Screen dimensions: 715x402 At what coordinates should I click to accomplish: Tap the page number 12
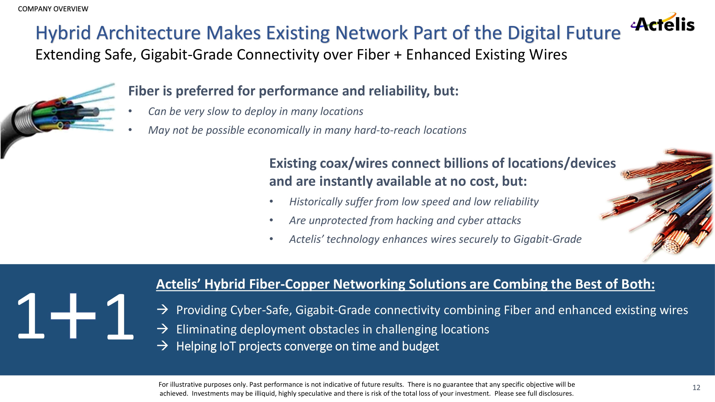[x=696, y=388]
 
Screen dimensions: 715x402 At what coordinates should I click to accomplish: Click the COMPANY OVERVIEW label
[x=53, y=9]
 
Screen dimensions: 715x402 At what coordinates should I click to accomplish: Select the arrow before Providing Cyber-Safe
[x=162, y=309]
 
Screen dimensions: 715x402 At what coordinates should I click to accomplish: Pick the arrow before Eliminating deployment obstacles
[x=162, y=329]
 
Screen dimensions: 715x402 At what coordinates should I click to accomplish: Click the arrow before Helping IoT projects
[x=162, y=346]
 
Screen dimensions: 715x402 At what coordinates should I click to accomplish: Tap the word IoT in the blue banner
[x=227, y=346]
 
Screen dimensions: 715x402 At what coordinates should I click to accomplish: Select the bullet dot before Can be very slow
[x=130, y=111]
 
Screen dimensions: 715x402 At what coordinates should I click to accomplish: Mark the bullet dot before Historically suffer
[x=271, y=202]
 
